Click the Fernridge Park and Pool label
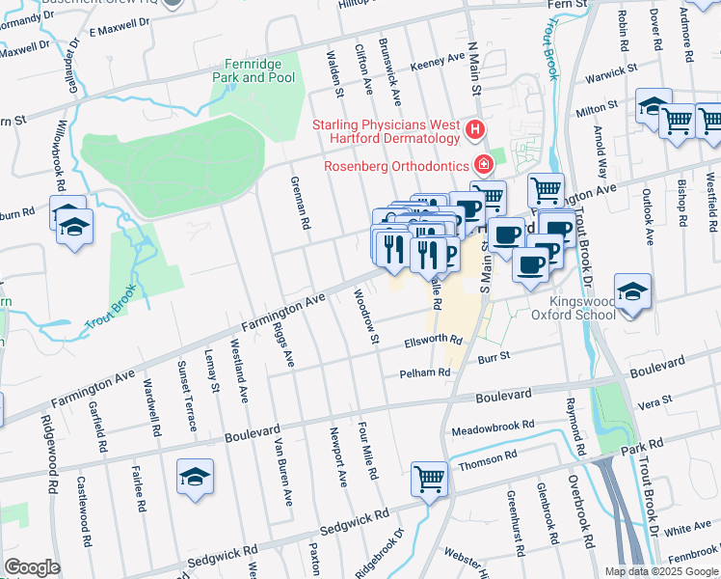click(x=253, y=70)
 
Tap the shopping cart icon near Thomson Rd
click(x=429, y=478)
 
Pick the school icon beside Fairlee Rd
click(x=195, y=477)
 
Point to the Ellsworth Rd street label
click(x=433, y=341)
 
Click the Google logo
click(x=32, y=567)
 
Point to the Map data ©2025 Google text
click(x=659, y=571)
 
